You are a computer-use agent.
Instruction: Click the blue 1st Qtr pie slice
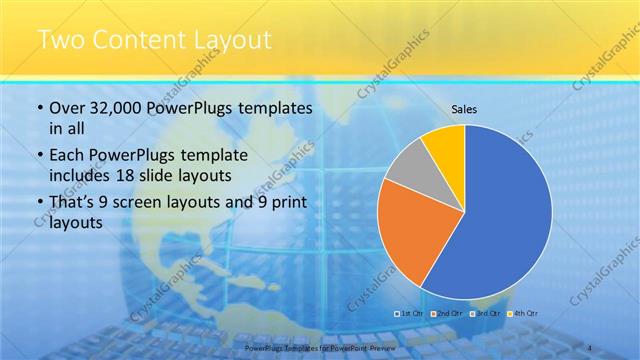coord(505,220)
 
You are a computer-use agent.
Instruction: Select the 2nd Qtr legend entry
coord(446,313)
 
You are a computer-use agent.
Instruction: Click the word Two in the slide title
coord(62,41)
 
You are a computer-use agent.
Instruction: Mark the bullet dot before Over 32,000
coord(40,108)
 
